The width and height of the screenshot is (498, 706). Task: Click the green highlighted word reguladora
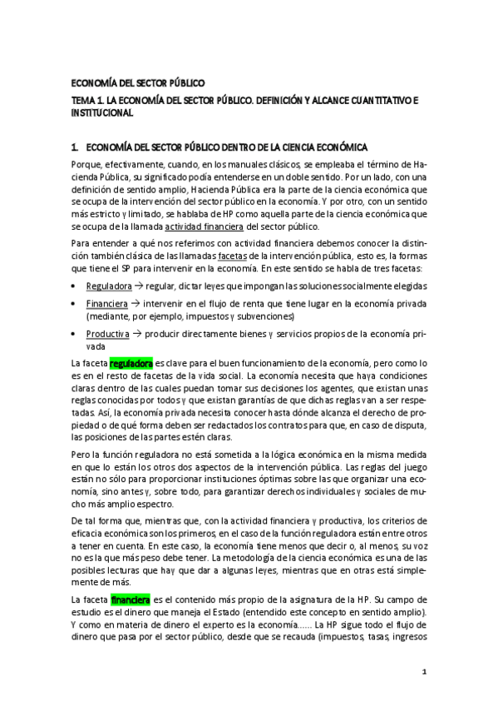(131, 364)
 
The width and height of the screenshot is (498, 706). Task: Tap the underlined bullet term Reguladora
(108, 284)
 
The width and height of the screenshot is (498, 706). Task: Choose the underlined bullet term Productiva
(107, 334)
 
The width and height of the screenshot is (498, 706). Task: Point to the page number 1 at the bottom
(423, 671)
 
